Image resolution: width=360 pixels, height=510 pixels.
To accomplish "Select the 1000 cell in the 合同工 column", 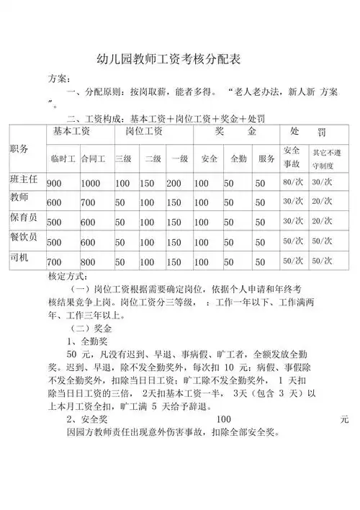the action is pyautogui.click(x=91, y=184).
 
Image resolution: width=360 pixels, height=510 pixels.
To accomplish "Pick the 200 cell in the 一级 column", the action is pyautogui.click(x=174, y=184).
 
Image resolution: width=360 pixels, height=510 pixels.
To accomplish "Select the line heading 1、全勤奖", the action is pyautogui.click(x=87, y=341).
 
